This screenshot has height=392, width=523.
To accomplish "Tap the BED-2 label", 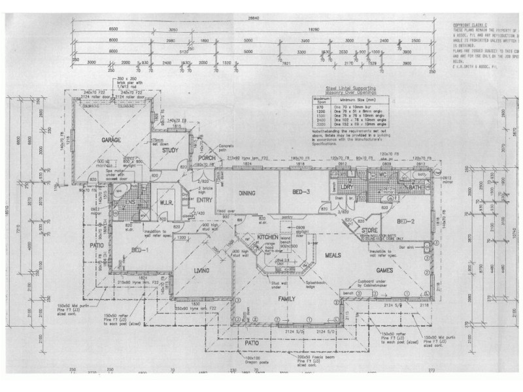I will [x=406, y=220].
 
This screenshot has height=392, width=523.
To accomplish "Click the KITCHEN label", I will [x=268, y=237].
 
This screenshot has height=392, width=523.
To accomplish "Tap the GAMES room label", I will [x=385, y=269].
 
